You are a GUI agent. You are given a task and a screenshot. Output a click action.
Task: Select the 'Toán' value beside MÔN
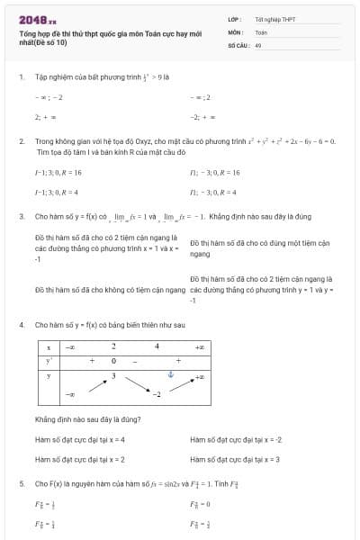[261, 31]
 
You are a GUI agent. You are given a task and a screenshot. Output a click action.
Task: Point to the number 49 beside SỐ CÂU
[258, 44]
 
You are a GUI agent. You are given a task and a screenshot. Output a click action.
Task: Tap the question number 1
[21, 76]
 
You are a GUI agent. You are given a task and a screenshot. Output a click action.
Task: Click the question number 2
[21, 141]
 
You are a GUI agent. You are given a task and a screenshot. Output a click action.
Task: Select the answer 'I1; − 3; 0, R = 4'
[213, 192]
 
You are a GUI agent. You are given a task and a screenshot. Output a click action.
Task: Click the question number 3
[21, 217]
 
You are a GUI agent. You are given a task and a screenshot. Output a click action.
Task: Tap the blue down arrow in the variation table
[168, 374]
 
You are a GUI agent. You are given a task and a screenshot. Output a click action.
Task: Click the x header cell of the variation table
[49, 346]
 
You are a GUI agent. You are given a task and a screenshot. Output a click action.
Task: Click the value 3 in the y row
[113, 374]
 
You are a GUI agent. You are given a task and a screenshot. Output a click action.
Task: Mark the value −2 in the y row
[155, 393]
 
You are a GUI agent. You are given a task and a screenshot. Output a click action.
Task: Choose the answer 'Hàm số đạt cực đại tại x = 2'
[79, 459]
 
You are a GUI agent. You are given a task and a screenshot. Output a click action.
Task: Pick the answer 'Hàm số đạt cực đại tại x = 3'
[235, 459]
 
